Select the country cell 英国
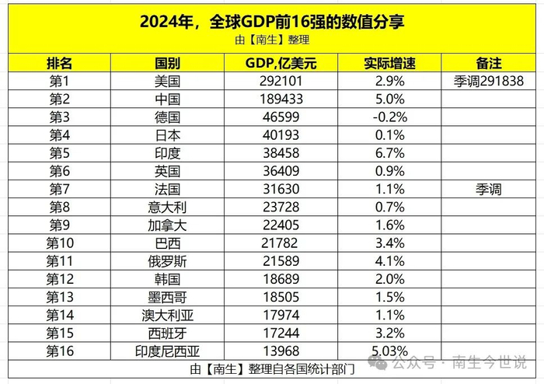[168, 171]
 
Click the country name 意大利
[168, 207]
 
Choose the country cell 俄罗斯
[168, 260]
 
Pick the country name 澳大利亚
[168, 314]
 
